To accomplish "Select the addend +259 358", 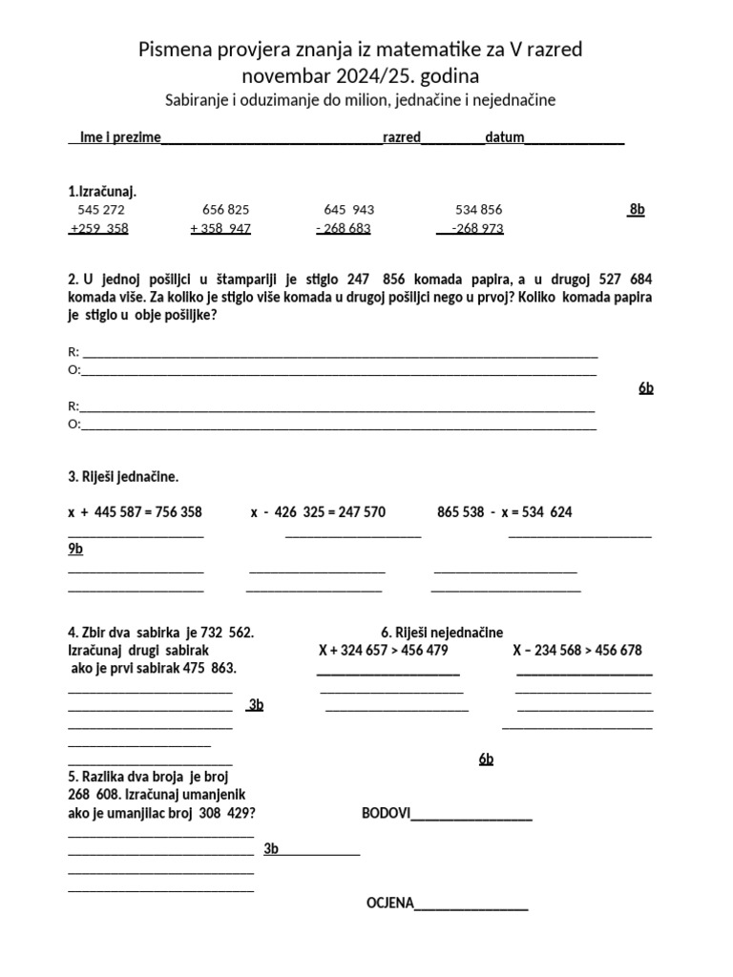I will point(98,228).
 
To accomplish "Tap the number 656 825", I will point(226,209).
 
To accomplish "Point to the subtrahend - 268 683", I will point(343,228).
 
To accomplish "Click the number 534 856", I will point(479,209).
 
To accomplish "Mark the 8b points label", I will point(636,209).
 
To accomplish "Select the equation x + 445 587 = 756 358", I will point(135,512).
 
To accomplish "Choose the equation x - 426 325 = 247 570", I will point(318,512).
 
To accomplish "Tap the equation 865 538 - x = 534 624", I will point(504,512).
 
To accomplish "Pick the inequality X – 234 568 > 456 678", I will point(576,651).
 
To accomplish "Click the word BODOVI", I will point(386,813).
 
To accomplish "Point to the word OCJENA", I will point(389,903).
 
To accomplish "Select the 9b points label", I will point(75,549).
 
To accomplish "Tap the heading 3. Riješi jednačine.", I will point(123,476).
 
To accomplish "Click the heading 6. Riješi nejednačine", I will point(442,633).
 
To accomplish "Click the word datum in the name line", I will point(505,137).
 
